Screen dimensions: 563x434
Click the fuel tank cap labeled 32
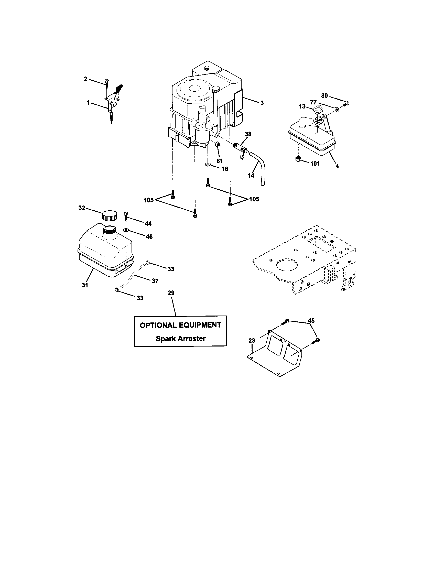109,215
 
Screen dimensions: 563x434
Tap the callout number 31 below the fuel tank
85,285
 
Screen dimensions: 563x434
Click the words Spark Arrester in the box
180,339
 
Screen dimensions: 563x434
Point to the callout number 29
171,293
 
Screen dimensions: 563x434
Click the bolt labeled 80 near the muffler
346,104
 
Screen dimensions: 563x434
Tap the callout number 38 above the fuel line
248,134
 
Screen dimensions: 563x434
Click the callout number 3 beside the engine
262,103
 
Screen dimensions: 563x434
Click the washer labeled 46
126,230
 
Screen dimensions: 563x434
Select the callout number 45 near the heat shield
311,321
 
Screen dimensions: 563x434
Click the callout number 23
252,341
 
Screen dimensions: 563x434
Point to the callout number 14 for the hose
251,175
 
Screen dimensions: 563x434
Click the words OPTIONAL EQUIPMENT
180,325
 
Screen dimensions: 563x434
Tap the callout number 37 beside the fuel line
155,281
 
